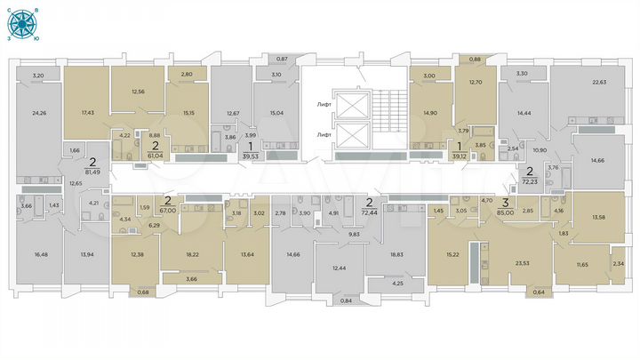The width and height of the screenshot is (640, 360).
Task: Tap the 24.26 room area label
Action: [38, 113]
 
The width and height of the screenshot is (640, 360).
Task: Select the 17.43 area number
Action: [87, 113]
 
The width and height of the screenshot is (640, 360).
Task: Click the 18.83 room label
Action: [396, 253]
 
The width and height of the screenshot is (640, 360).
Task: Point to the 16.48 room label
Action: [40, 253]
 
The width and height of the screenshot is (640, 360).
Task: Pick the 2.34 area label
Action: [618, 264]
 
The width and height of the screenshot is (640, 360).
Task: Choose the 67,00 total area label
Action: [167, 212]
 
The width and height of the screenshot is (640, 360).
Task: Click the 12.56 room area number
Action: [138, 92]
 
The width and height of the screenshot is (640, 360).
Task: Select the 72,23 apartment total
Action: [530, 180]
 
